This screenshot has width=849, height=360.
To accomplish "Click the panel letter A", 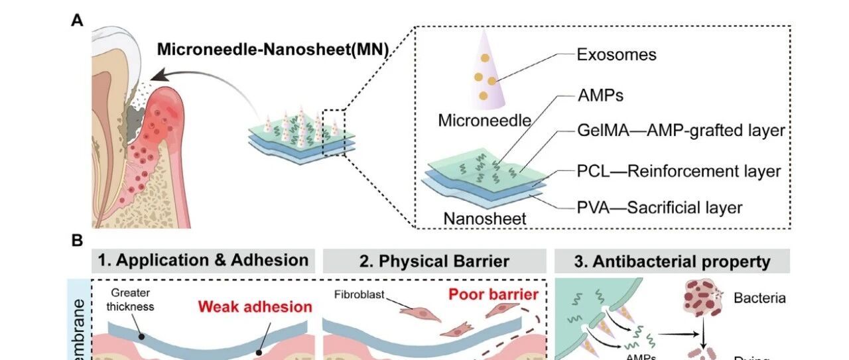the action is (x=78, y=20).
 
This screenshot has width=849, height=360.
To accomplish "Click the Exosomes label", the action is (x=616, y=54).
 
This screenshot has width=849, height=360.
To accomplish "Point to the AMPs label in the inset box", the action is (x=600, y=95).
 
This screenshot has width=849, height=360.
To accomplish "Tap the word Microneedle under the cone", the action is (x=485, y=121).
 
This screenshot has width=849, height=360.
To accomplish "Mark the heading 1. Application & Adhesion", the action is (x=203, y=260).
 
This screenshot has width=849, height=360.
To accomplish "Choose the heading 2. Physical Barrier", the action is (x=434, y=261).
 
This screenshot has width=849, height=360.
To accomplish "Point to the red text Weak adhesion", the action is (x=255, y=307).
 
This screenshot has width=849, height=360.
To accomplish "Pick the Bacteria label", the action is (x=759, y=298).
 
